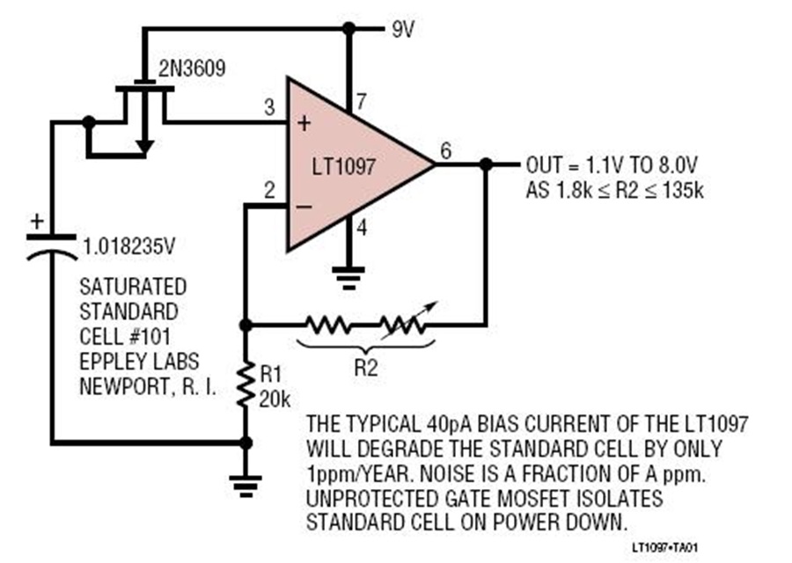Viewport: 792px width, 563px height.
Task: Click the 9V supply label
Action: [x=403, y=30]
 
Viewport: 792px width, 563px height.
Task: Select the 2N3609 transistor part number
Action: [x=192, y=69]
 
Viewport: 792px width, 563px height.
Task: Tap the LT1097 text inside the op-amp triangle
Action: [x=343, y=166]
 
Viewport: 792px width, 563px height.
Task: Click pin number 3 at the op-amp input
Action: [x=270, y=107]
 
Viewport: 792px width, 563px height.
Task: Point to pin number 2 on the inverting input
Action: [x=270, y=190]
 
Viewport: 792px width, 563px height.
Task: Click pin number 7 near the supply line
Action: [x=361, y=102]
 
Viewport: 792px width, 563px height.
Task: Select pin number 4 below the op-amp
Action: [x=362, y=228]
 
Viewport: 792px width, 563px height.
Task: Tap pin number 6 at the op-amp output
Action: [x=445, y=150]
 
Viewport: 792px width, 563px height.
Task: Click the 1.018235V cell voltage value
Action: [x=128, y=247]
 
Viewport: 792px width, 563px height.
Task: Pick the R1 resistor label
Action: [x=270, y=375]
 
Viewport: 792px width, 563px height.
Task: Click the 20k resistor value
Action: [x=275, y=399]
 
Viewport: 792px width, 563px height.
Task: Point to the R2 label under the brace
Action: [x=366, y=368]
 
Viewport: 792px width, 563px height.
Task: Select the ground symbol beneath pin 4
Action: [x=348, y=278]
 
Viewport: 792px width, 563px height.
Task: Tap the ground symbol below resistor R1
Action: [x=246, y=486]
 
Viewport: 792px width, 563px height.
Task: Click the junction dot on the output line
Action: [x=486, y=165]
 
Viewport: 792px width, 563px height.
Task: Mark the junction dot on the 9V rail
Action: [x=348, y=29]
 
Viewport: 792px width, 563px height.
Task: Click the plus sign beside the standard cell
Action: [x=37, y=221]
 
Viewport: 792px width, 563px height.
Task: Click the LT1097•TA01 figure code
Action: [x=665, y=547]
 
